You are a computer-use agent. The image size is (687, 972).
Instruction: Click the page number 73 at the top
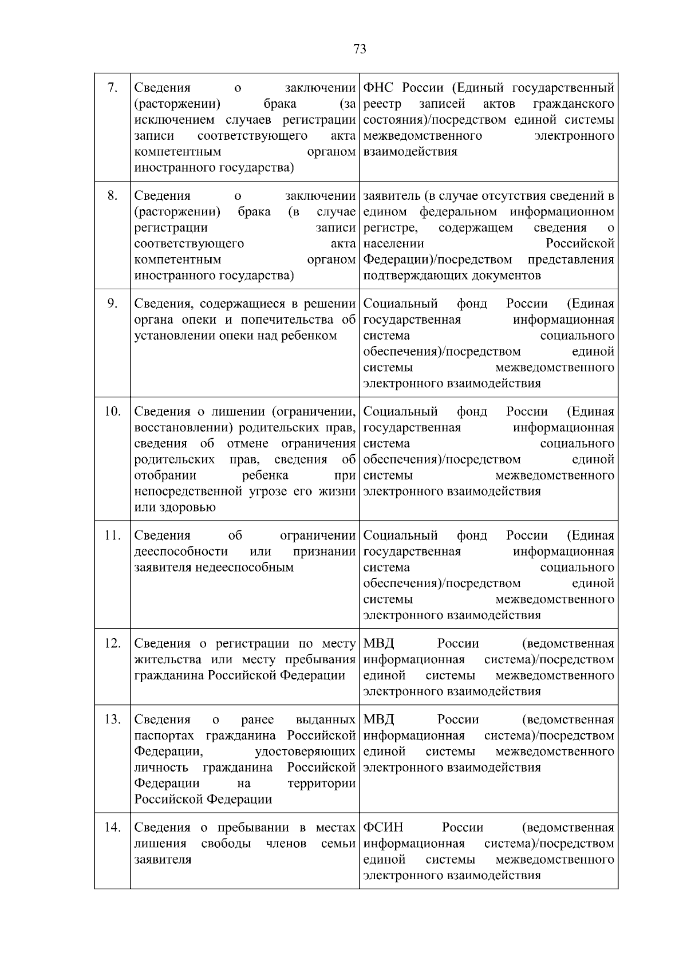click(x=360, y=49)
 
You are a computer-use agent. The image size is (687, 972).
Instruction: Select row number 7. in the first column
click(x=113, y=87)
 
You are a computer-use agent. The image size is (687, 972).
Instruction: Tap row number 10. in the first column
click(x=113, y=411)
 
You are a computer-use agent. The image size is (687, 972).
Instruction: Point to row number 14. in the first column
click(x=113, y=827)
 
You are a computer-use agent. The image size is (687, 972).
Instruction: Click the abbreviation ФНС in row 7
click(x=380, y=88)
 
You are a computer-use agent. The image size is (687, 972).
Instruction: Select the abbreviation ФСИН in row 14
click(x=383, y=828)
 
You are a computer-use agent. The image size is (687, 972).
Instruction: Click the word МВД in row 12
click(x=378, y=644)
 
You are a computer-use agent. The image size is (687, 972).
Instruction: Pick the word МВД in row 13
click(x=378, y=719)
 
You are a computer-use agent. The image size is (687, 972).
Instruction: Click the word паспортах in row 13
click(x=166, y=735)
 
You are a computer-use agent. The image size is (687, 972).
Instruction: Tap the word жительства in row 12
click(x=167, y=660)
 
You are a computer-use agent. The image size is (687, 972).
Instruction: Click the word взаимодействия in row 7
click(x=410, y=152)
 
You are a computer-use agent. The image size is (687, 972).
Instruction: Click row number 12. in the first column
click(x=113, y=643)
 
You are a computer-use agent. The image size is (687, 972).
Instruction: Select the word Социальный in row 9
click(x=401, y=304)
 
